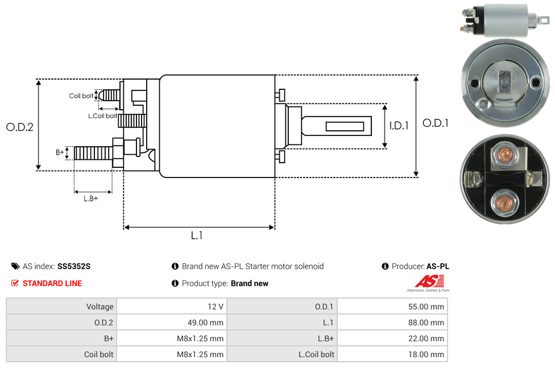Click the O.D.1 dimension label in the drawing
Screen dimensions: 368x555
[435, 123]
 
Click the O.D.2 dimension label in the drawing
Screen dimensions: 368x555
[20, 127]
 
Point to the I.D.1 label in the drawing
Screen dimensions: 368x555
[399, 126]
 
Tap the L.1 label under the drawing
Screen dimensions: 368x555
[197, 235]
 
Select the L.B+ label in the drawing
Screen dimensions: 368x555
[91, 199]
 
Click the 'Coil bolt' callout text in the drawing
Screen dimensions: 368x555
[81, 96]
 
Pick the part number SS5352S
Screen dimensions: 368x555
[74, 266]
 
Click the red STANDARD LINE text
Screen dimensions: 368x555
[52, 283]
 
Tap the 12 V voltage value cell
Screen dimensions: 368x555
[216, 307]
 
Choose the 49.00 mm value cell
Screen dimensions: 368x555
[205, 322]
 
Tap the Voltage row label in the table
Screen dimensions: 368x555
[100, 307]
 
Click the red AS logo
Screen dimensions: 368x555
[428, 282]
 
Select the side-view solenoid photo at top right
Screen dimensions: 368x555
[504, 20]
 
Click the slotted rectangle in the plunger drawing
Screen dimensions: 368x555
[345, 126]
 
